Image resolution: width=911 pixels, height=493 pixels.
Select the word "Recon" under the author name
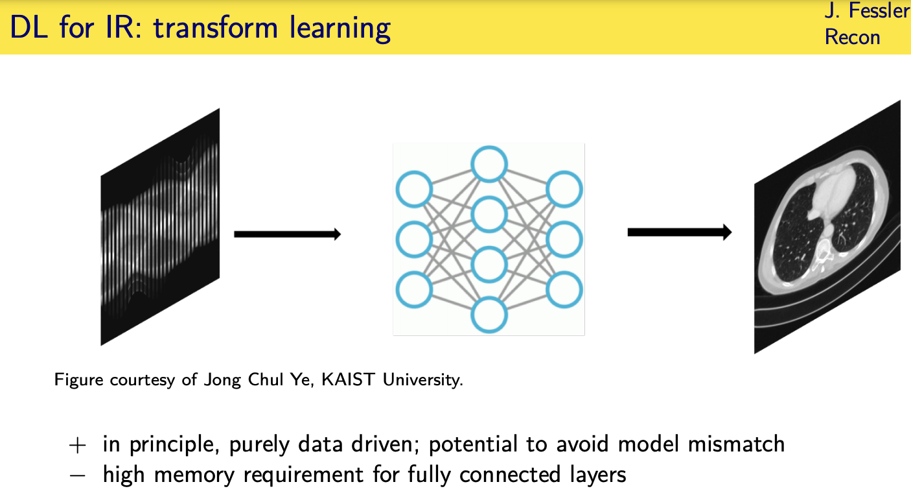[852, 37]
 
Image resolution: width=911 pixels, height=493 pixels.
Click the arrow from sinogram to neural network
[287, 234]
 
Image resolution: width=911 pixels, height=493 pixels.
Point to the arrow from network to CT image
[679, 232]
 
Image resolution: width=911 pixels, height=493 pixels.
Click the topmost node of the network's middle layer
[489, 164]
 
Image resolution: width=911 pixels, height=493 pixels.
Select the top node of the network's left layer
[414, 190]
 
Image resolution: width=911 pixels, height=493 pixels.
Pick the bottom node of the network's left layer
[414, 289]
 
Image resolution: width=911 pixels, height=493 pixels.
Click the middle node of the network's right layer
[564, 239]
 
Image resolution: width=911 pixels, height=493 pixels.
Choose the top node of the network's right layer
[564, 190]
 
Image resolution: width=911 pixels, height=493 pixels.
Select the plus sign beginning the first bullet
[77, 445]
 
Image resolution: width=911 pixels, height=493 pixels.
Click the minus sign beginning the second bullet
[77, 475]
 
